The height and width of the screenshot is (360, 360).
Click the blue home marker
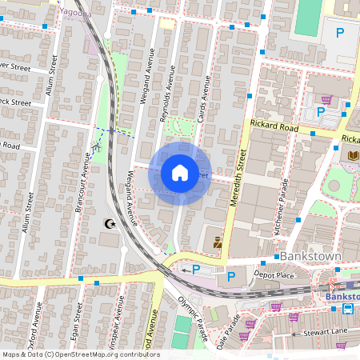click(x=180, y=173)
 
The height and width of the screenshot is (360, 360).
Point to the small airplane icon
click(x=97, y=146)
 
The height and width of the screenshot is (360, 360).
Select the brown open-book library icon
click(x=354, y=155)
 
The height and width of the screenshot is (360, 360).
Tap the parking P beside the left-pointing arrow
click(x=196, y=270)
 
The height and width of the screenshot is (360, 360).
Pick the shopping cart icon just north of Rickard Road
click(x=326, y=100)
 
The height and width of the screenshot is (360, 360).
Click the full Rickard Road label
click(x=274, y=126)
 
